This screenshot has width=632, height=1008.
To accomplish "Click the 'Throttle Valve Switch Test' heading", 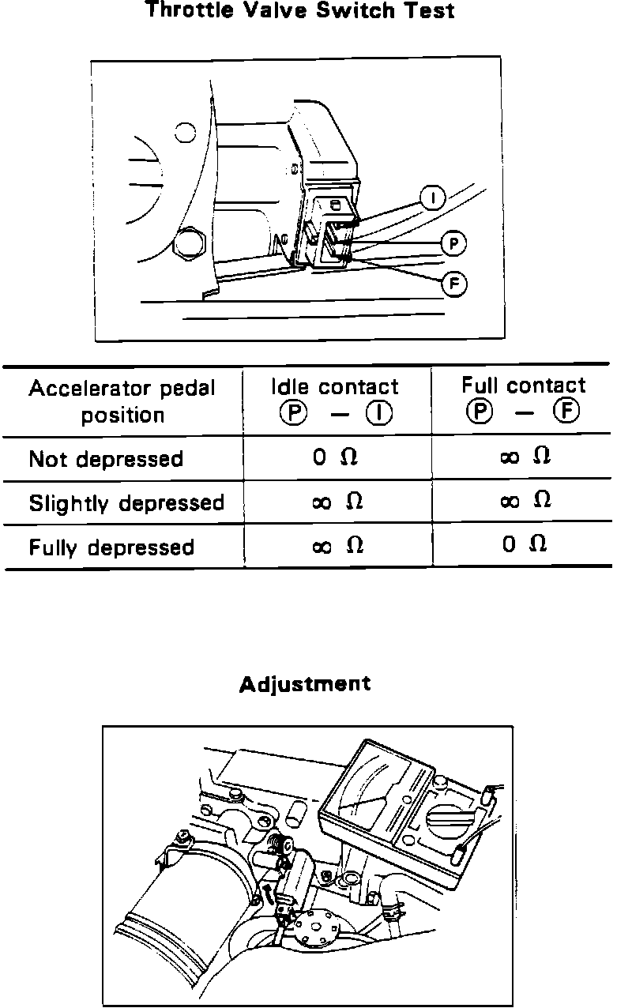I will point(300,11).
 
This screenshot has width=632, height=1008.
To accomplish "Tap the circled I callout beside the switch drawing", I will point(432,197).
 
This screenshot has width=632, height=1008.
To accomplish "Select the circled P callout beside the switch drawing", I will point(453,243).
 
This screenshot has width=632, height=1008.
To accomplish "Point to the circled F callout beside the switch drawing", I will point(453,284).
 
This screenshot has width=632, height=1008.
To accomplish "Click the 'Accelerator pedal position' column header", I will point(122,401).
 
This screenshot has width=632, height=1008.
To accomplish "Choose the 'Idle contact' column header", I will point(335,400).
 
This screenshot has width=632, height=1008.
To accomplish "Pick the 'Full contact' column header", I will point(523,398).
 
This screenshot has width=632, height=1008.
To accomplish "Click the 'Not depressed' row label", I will point(106,459).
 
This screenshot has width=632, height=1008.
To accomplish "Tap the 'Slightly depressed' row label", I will point(126,503).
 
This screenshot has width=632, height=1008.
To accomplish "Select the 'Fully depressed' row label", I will point(111,547).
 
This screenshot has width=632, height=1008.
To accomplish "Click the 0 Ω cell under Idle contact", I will point(336,457).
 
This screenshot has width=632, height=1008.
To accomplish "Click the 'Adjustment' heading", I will point(304,683).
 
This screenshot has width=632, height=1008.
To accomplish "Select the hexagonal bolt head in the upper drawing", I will point(190,246).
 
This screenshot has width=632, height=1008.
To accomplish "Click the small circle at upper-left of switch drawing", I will point(185,132).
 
